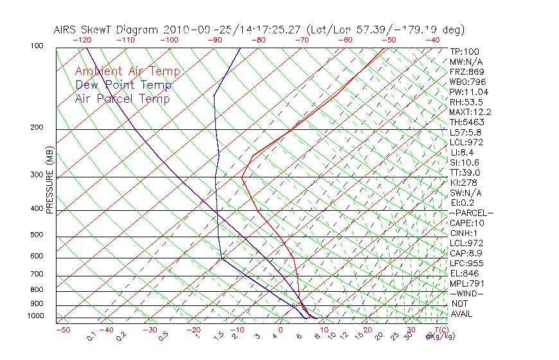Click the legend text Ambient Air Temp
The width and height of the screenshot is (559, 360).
(x=127, y=71)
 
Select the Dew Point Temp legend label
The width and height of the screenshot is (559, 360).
(x=123, y=85)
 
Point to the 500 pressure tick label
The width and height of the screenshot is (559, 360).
(x=36, y=235)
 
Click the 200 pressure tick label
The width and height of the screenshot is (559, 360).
(x=36, y=128)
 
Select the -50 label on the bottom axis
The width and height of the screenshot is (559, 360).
(x=62, y=330)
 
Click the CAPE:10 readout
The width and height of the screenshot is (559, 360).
(x=466, y=223)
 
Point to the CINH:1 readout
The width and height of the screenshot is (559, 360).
(x=465, y=233)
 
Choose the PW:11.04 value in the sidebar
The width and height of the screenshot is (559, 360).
(x=469, y=92)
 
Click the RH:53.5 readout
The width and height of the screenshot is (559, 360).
(x=466, y=102)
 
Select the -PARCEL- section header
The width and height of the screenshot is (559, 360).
(x=471, y=213)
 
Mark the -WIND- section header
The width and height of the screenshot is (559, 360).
(x=466, y=294)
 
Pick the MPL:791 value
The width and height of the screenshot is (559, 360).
(x=466, y=283)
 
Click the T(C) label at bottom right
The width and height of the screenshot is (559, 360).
(x=441, y=330)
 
